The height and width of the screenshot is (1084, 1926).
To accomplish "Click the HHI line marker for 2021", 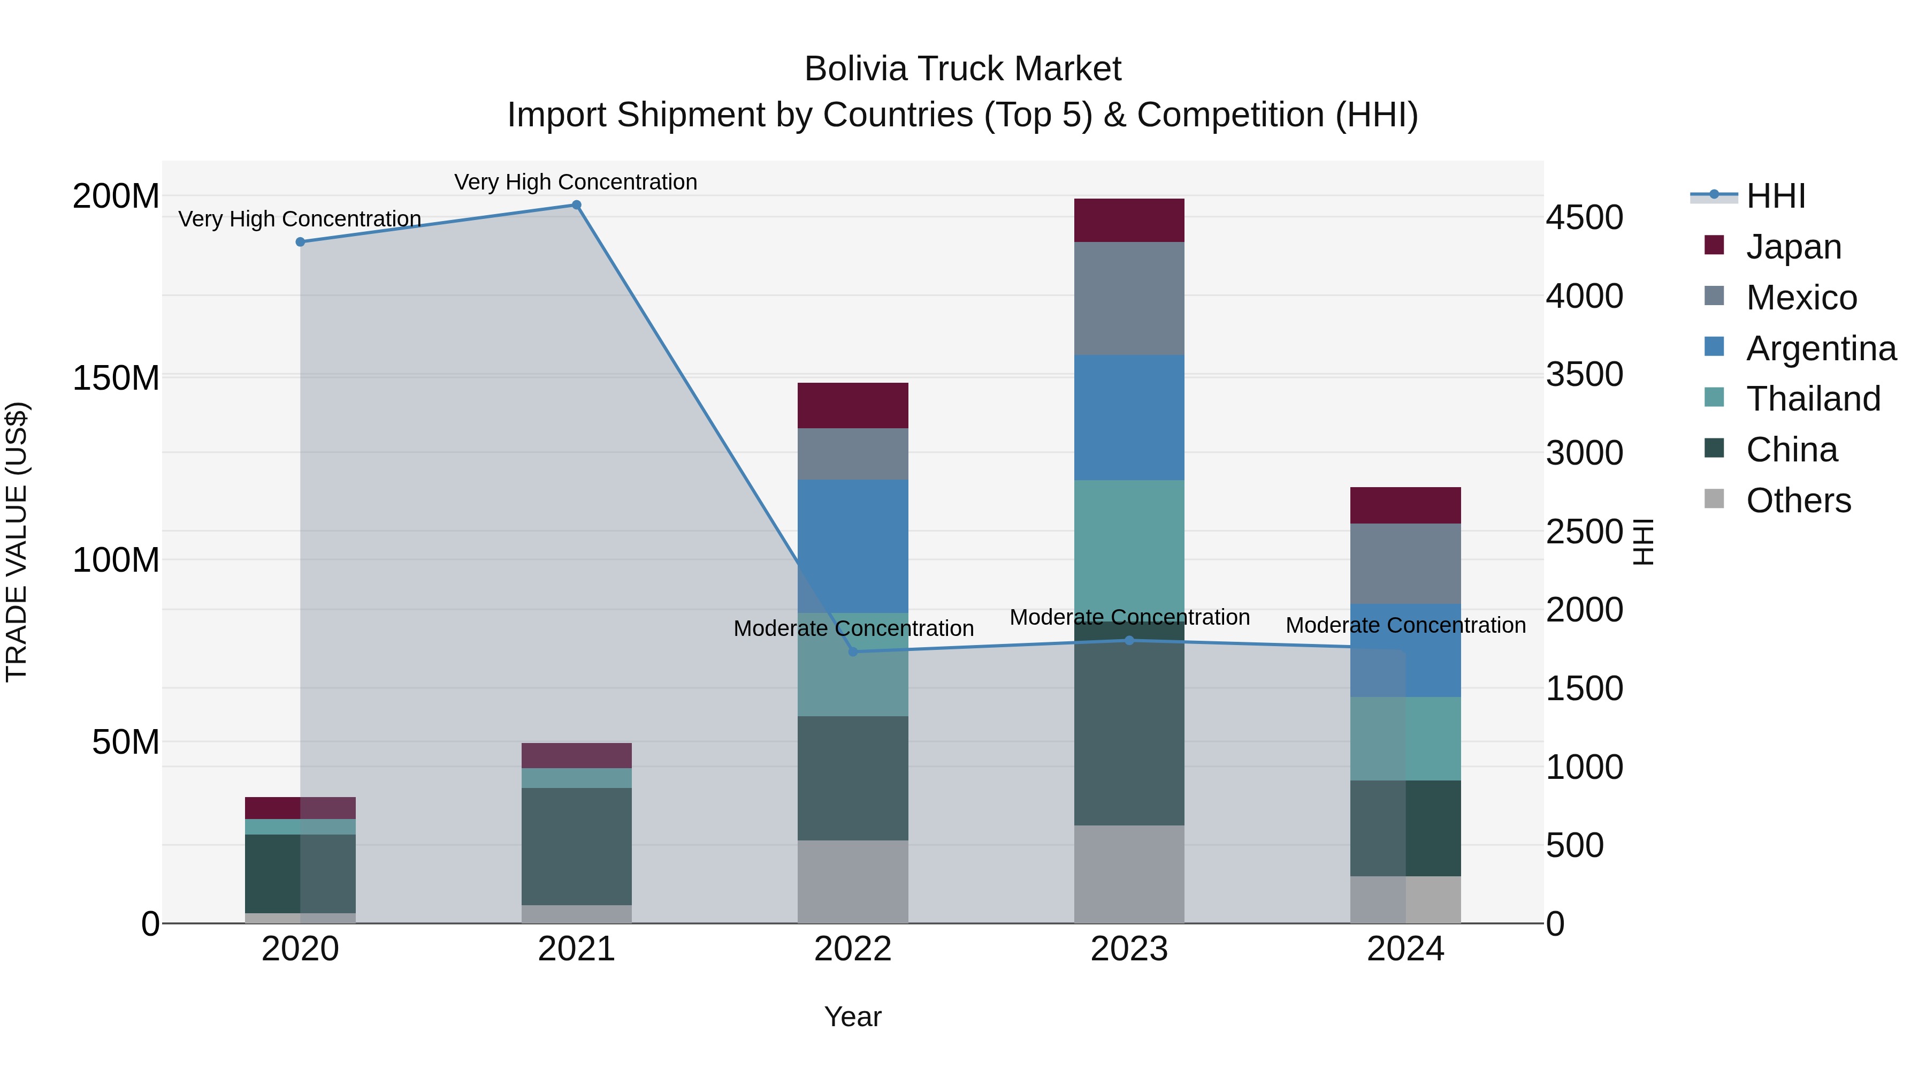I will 576,205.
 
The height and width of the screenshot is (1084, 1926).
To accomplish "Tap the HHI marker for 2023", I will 1129,640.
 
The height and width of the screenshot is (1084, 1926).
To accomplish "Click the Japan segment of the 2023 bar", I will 1129,220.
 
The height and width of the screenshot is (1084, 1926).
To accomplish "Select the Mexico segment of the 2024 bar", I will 1405,563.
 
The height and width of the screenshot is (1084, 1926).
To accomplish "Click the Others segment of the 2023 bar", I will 1129,874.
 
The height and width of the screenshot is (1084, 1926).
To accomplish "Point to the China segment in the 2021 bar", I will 576,846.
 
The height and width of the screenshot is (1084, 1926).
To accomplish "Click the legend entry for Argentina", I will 1821,348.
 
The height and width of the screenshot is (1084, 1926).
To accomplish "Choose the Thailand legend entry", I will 1813,399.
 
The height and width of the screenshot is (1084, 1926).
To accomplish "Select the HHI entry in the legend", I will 1775,196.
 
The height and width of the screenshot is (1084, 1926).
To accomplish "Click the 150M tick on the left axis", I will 116,378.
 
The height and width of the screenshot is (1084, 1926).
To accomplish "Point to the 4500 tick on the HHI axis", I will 1584,218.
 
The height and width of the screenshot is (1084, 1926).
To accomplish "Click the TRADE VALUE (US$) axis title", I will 17,542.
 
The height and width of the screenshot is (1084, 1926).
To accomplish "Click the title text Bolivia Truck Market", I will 962,69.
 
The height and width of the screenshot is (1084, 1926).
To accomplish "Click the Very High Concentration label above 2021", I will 576,182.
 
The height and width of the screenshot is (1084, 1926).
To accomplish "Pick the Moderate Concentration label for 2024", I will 1405,625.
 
